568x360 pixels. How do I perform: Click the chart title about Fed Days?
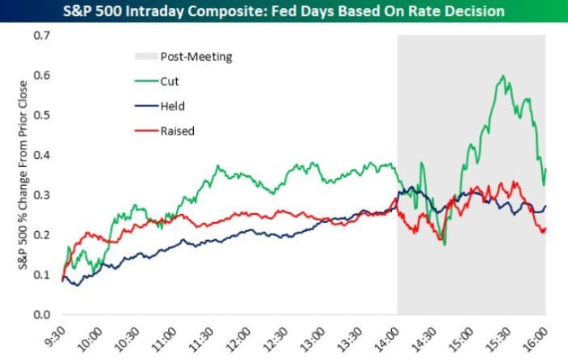pyautogui.click(x=283, y=11)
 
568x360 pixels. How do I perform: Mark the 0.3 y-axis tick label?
pyautogui.click(x=42, y=195)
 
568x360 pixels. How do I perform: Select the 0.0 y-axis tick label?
pyautogui.click(x=42, y=315)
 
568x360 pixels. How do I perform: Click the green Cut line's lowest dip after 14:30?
pyautogui.click(x=445, y=243)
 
